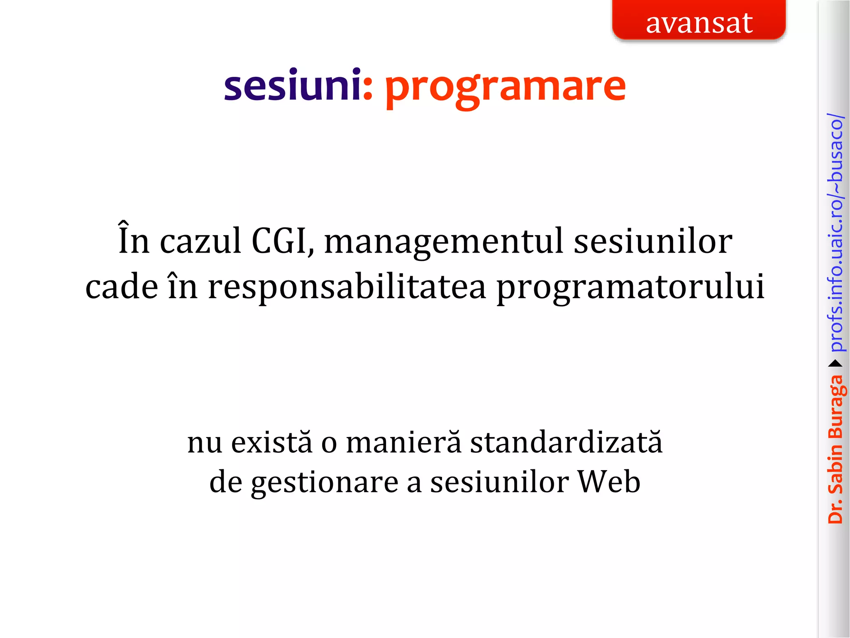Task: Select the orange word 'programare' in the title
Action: [x=505, y=87]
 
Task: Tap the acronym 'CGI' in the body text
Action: [x=281, y=241]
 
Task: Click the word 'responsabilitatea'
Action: [x=347, y=287]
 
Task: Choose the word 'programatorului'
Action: [x=630, y=287]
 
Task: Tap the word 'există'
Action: [x=271, y=442]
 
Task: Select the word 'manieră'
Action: [x=404, y=442]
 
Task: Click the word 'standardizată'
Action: [x=566, y=442]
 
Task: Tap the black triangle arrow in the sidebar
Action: [x=835, y=364]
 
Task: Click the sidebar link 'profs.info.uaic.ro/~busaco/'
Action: [x=836, y=233]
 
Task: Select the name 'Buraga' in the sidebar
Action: [x=836, y=407]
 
